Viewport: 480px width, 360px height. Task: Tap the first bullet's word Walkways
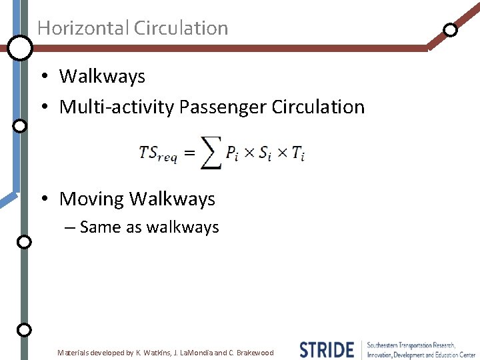coord(102,77)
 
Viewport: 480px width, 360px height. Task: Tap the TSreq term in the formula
coord(158,153)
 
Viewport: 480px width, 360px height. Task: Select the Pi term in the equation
coord(231,153)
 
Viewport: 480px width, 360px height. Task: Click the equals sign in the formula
coord(189,153)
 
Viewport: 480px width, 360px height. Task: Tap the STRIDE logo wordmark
coord(326,350)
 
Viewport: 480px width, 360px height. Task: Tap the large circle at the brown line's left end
coord(20,47)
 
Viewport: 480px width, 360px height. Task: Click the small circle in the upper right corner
coord(451,30)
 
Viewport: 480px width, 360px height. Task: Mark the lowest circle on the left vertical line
coord(23,329)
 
